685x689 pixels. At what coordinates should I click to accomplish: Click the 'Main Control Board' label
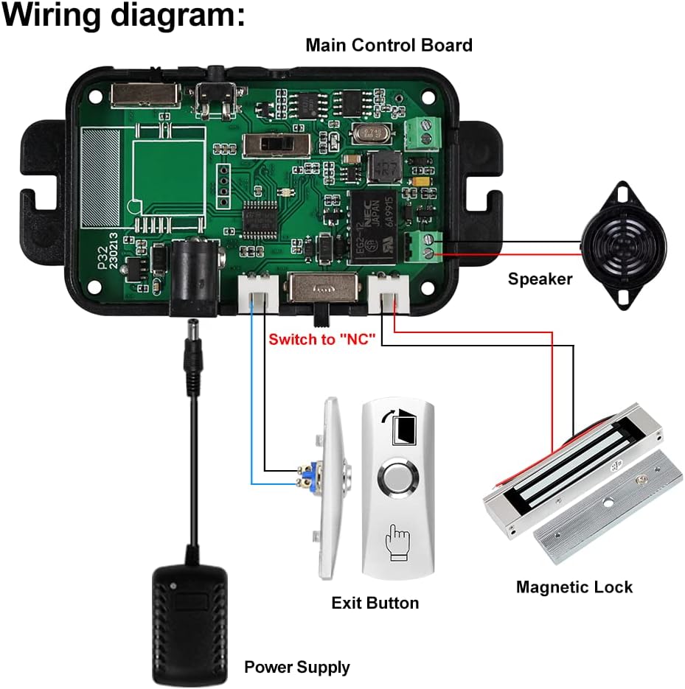click(x=389, y=45)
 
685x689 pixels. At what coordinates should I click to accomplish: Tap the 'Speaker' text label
click(x=540, y=279)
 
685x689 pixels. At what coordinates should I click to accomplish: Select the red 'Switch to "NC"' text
click(x=322, y=340)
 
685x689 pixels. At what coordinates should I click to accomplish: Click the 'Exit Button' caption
click(x=375, y=603)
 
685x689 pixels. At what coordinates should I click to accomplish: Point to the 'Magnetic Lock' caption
click(x=574, y=587)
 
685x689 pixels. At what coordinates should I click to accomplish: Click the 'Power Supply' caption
click(x=297, y=668)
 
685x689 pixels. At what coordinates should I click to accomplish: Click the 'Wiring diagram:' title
click(x=123, y=15)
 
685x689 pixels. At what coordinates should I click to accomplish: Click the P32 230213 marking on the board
click(x=108, y=255)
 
